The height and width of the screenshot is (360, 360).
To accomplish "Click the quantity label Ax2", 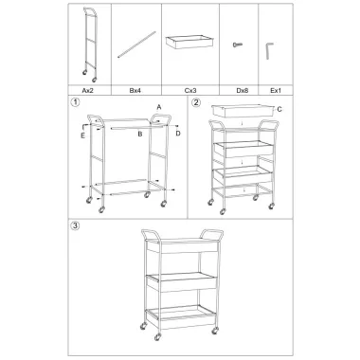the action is [87, 91].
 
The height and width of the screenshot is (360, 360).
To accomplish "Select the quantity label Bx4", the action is [135, 91].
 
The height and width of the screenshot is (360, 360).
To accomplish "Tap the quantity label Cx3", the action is [190, 91].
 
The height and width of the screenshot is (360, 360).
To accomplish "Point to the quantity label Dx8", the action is [243, 91].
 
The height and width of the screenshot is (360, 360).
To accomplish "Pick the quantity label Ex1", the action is [276, 91].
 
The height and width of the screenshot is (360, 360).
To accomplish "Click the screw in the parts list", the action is [238, 45].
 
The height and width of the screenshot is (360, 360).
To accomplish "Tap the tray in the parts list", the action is [190, 42].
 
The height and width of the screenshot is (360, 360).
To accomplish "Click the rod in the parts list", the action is [136, 45].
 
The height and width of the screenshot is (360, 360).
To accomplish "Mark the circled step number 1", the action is [76, 102].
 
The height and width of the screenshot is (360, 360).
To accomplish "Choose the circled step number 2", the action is [196, 102].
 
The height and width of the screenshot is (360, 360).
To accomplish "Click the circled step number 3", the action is [76, 225].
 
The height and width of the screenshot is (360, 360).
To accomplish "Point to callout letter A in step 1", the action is [159, 107].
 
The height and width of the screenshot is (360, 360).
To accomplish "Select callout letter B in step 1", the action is [139, 135].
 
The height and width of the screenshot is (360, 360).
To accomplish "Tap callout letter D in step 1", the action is [178, 134].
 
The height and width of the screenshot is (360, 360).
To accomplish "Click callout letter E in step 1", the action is [82, 135].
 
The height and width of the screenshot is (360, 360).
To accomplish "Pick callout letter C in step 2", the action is [279, 110].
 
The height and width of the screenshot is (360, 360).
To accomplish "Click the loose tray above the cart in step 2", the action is [243, 111].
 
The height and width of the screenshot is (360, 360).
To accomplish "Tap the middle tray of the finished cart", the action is [181, 281].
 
